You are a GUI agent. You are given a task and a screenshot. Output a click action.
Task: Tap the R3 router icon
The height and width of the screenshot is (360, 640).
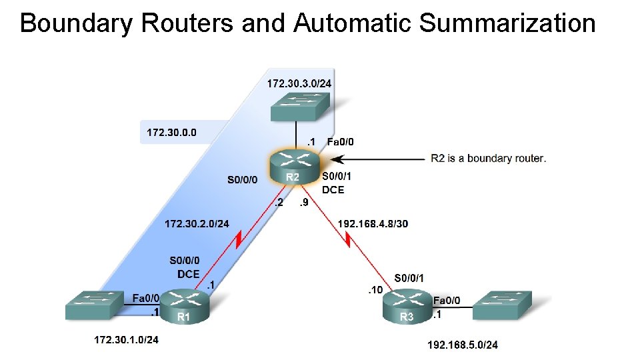(x=407, y=307)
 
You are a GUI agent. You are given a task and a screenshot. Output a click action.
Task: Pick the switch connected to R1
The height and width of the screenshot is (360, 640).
(x=95, y=305)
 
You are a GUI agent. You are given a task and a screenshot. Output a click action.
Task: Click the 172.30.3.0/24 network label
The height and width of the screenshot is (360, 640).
(x=299, y=83)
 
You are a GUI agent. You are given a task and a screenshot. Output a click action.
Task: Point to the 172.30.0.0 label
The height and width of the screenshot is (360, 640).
(x=171, y=133)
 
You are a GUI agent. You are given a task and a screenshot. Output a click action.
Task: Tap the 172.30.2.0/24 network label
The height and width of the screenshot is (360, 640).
(x=197, y=223)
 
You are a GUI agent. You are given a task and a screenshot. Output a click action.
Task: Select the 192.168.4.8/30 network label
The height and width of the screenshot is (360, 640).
(x=373, y=224)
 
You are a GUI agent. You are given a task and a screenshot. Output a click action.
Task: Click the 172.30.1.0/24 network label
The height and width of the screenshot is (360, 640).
(x=126, y=340)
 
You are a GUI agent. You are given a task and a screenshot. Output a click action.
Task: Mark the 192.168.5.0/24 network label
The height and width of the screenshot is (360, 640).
(x=462, y=345)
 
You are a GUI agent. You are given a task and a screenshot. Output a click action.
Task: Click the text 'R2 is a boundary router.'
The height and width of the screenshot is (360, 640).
(x=488, y=158)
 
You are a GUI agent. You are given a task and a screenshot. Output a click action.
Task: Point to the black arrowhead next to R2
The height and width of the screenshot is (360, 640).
(x=337, y=159)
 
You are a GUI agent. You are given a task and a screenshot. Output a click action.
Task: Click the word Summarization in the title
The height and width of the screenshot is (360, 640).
(x=507, y=23)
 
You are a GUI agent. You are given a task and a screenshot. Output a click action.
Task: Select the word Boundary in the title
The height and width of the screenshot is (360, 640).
(x=77, y=23)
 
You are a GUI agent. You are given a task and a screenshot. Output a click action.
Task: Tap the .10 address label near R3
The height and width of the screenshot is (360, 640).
(x=375, y=290)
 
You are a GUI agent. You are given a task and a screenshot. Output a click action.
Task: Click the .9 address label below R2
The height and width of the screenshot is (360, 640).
(x=303, y=203)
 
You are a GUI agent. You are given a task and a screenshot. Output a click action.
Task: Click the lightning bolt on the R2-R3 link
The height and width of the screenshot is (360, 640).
(x=349, y=238)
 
